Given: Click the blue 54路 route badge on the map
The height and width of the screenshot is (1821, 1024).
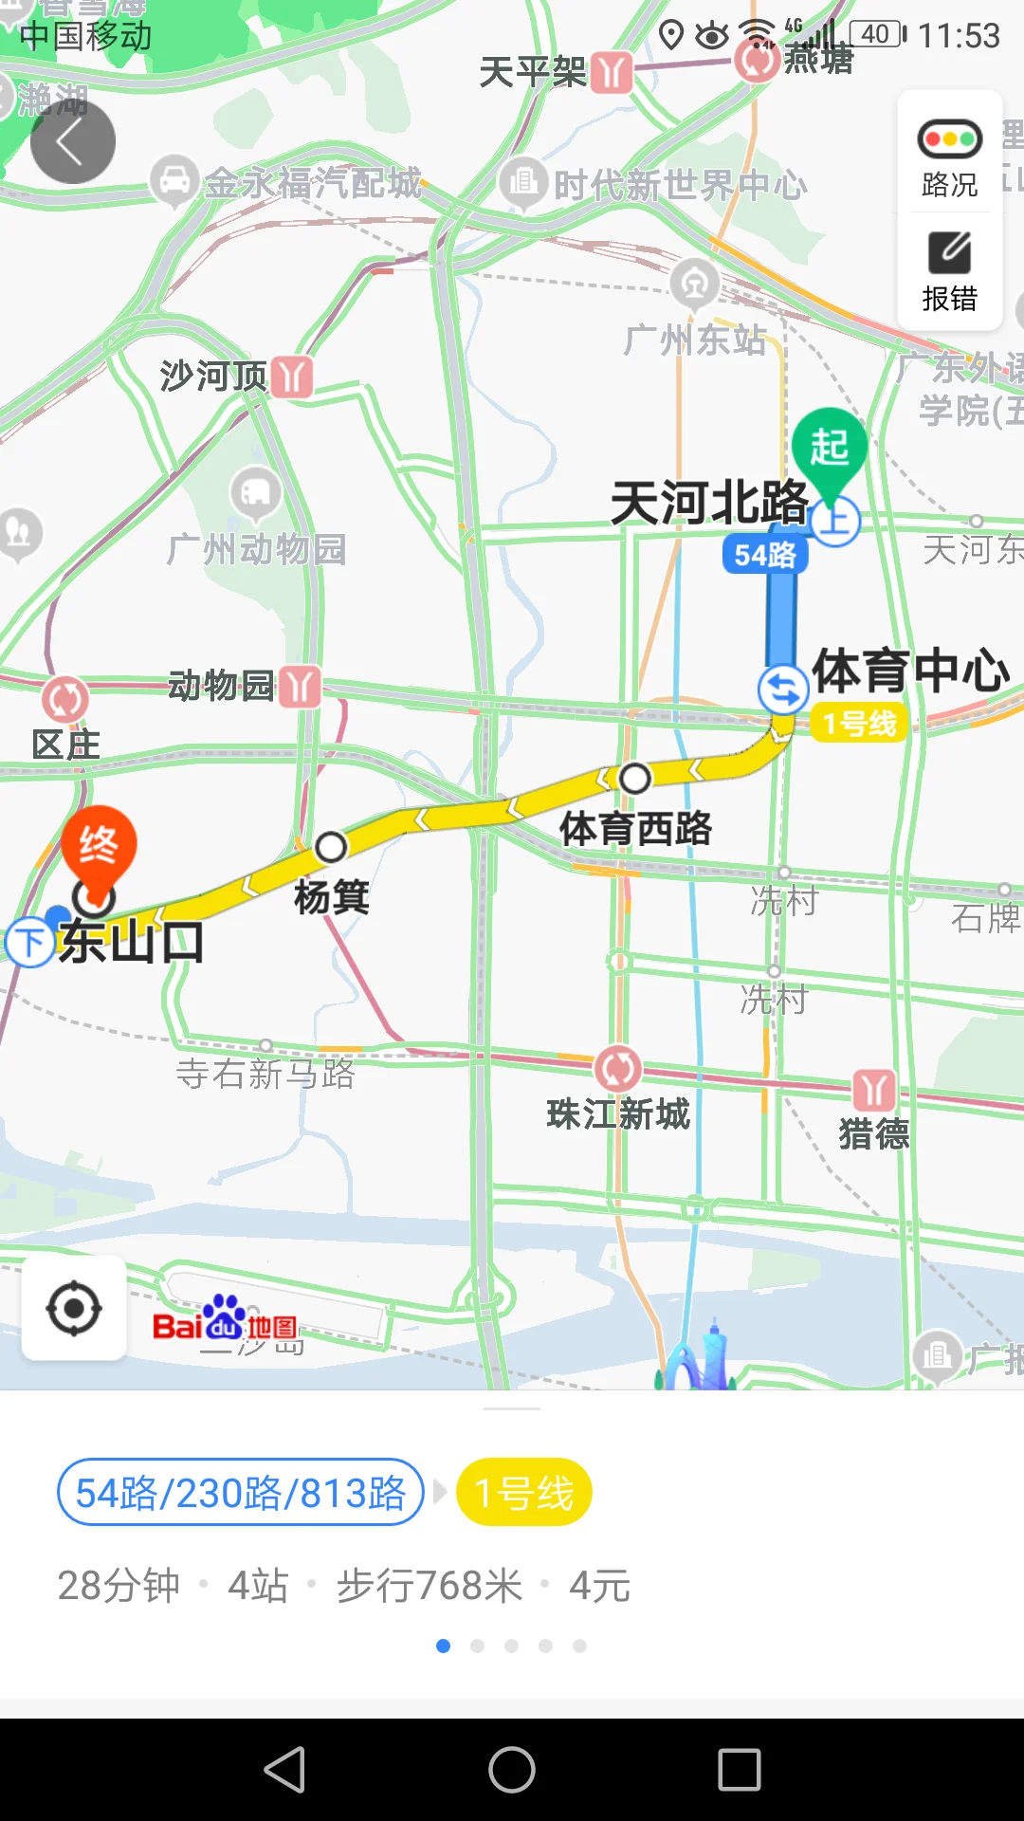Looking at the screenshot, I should [765, 555].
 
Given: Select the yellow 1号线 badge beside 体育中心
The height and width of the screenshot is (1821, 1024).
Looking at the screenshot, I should [859, 724].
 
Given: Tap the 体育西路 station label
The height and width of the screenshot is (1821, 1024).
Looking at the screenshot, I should [635, 829].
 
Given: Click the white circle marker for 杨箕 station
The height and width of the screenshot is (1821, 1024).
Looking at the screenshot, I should [331, 847].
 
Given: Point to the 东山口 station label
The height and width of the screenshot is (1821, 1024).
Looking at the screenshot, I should [131, 943].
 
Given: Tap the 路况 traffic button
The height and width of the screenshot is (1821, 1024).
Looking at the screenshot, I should [949, 157].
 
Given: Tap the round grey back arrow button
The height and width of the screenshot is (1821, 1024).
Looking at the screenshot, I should [73, 141].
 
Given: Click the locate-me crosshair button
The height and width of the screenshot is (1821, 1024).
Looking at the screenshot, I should [74, 1309].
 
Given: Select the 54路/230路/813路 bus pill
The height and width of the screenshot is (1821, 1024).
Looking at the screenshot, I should [240, 1493].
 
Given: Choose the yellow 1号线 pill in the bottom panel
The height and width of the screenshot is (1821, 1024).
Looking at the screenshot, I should [524, 1493].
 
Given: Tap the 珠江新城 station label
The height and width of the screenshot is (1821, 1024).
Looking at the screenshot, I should [618, 1114].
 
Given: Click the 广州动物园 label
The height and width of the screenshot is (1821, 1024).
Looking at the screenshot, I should [256, 549].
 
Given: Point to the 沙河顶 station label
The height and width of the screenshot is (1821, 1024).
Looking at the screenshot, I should [213, 377].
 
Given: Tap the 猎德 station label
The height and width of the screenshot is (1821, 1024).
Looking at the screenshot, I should [873, 1134].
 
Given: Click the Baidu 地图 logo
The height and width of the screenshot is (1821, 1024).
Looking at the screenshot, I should [226, 1320].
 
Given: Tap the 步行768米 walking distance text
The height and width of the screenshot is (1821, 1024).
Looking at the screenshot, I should [430, 1586].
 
